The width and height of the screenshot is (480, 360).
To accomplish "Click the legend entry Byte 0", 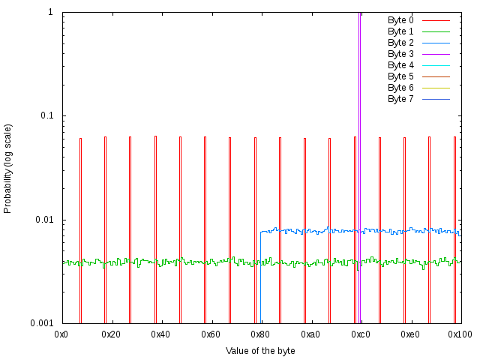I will [x=400, y=20].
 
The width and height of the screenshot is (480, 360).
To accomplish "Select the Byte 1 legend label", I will [x=400, y=31].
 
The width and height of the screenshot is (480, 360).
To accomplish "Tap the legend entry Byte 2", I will [x=400, y=43].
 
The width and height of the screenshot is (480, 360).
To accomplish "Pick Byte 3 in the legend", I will [x=400, y=54].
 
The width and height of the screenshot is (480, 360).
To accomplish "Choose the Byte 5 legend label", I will [x=400, y=76].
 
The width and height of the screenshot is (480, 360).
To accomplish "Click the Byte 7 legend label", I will [x=400, y=99].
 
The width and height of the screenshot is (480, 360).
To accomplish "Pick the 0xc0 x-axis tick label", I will [x=360, y=334].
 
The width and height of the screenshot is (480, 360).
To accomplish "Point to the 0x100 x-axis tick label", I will [x=459, y=334].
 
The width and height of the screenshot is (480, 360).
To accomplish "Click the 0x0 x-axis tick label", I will [x=62, y=334].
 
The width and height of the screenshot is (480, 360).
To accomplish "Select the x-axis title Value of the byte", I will [x=260, y=350].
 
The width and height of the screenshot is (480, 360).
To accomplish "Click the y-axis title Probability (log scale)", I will [x=8, y=168].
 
